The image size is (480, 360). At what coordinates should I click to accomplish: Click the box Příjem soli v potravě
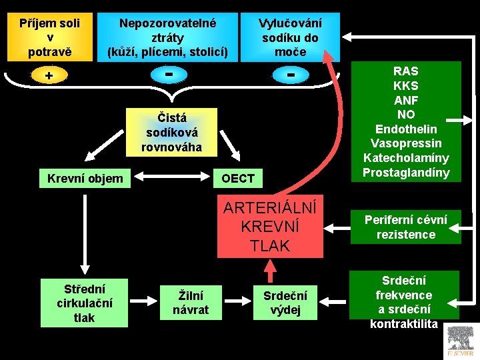coord(49,37)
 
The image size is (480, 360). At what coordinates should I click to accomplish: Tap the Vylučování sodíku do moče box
coord(289,37)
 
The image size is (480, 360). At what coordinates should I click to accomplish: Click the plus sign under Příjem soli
coord(49,75)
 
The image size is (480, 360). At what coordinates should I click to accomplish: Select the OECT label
coord(238,178)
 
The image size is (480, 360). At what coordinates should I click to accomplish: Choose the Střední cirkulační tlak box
coord(84,302)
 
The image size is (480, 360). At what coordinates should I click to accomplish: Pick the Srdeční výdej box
coord(285,302)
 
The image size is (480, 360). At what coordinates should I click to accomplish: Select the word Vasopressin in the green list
coord(406,143)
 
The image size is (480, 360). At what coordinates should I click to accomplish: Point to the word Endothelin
coord(406,129)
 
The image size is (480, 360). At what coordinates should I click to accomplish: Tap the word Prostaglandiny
coord(406,173)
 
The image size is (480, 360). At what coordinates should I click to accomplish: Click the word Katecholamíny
coord(406,158)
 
